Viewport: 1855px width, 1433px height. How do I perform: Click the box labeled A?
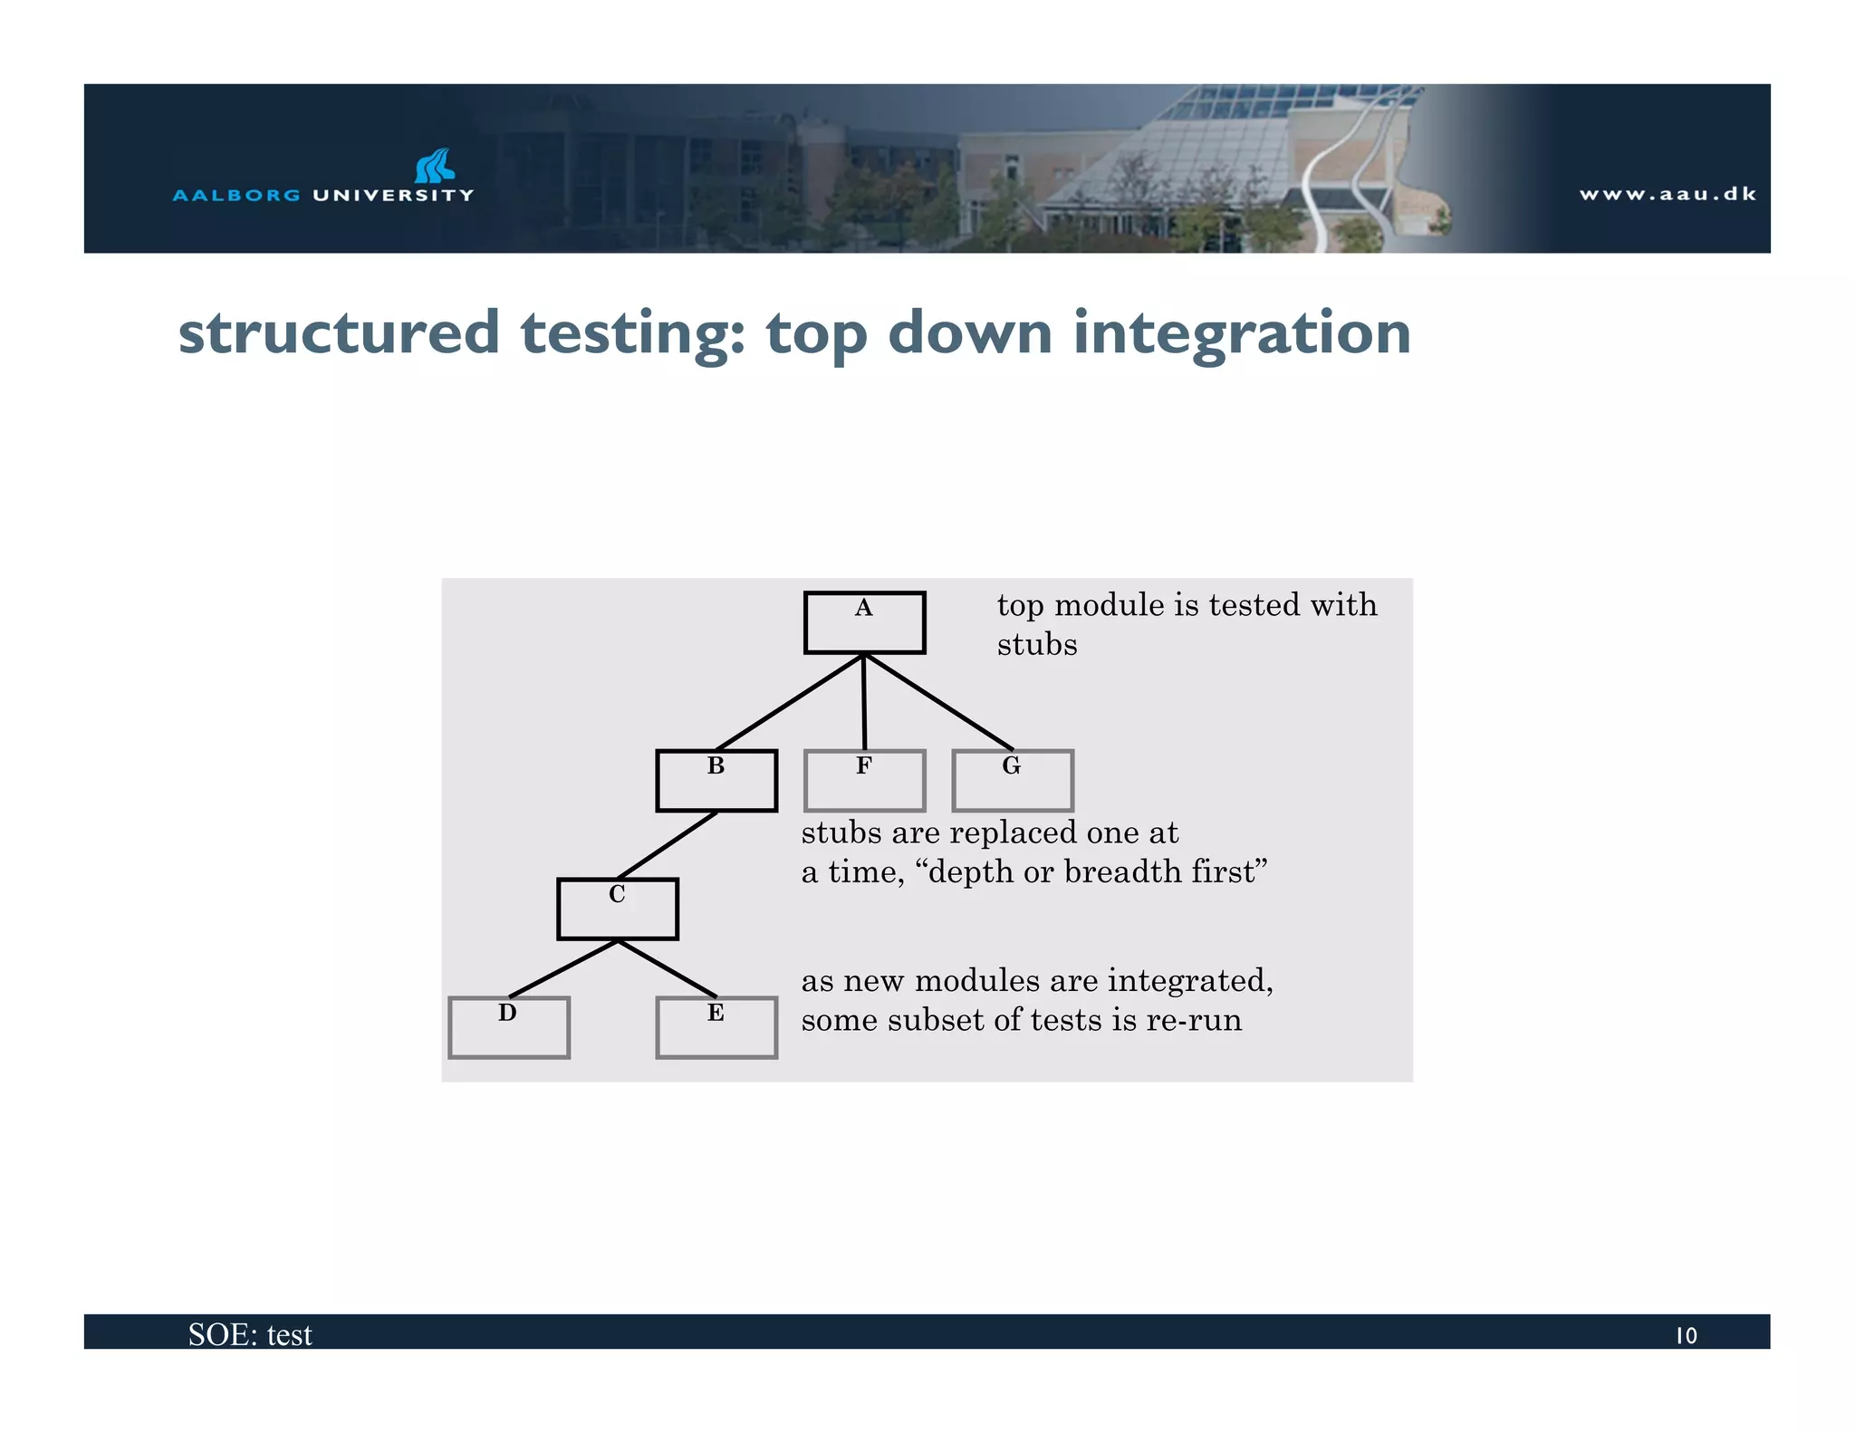coord(864,622)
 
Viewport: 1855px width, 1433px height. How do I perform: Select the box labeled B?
coord(716,781)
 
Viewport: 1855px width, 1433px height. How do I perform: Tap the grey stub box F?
coord(864,781)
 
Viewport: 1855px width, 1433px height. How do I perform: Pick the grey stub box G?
coord(1012,781)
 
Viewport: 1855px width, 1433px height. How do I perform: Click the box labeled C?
coord(617,909)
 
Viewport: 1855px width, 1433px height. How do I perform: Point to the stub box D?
coord(508,1027)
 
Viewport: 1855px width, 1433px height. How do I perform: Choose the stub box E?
coord(716,1027)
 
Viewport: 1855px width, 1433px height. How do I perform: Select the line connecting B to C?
coord(668,844)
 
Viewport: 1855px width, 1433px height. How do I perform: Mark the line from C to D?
coord(563,968)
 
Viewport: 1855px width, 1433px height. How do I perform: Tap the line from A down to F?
coord(864,702)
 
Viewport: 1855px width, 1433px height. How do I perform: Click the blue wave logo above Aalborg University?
coord(435,166)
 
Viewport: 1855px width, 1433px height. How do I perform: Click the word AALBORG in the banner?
coord(235,195)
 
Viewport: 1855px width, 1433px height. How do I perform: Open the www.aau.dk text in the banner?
coord(1667,194)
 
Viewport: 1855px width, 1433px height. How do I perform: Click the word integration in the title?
coord(1242,333)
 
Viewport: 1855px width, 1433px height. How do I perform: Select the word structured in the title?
coord(339,333)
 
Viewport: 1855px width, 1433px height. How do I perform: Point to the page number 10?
coord(1686,1335)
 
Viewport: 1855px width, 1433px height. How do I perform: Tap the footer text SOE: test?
coord(250,1334)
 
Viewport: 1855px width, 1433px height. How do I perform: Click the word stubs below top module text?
coord(1037,644)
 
